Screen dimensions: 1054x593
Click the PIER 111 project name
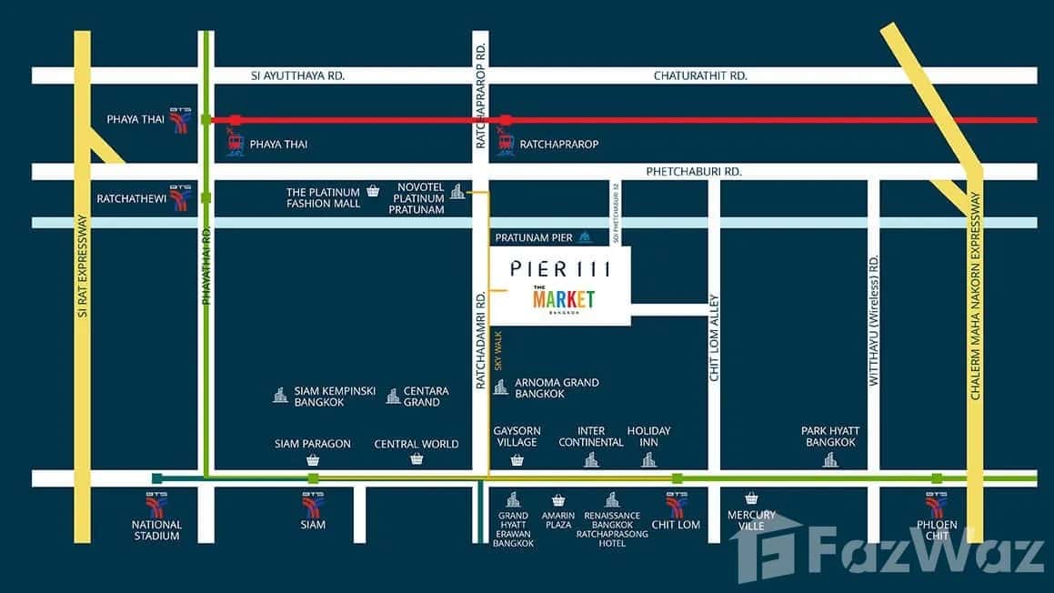pos(555,268)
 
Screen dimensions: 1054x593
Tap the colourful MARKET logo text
pos(564,298)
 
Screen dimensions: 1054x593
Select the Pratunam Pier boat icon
pos(586,237)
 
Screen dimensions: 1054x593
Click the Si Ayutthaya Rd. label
pos(297,75)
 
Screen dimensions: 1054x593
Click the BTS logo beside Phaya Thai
pos(181,120)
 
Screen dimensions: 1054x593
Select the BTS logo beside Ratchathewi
pos(181,197)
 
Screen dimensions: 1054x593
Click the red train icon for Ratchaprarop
pos(506,143)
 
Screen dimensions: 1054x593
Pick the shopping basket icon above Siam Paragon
pos(313,459)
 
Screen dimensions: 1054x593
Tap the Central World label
pos(417,444)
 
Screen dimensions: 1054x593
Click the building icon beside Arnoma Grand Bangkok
pos(500,387)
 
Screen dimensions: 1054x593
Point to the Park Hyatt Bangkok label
pos(830,437)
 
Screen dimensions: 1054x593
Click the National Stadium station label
pos(156,529)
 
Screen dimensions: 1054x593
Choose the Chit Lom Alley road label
pos(714,337)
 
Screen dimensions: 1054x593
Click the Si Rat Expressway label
pos(82,266)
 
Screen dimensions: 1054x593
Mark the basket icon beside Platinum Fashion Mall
pos(373,191)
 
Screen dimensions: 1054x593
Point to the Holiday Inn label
pos(648,437)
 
